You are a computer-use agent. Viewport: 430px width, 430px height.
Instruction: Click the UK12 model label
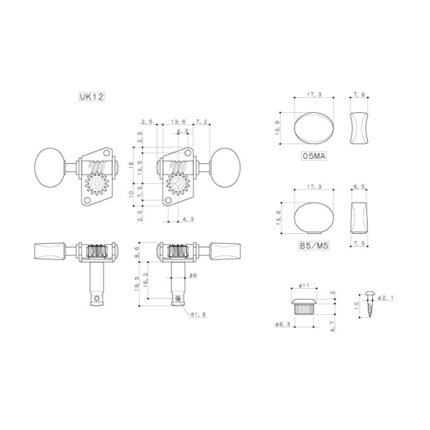tap(91, 97)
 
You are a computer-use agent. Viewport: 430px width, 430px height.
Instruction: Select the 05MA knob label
tap(314, 156)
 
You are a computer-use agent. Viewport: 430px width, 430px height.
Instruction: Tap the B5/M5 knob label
tap(314, 246)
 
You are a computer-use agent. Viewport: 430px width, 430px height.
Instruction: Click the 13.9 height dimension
tap(278, 128)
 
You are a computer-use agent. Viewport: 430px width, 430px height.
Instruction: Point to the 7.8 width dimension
tap(359, 95)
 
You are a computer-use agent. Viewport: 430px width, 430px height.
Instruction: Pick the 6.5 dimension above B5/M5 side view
tap(359, 187)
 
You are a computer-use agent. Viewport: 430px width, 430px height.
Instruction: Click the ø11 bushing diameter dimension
tap(304, 285)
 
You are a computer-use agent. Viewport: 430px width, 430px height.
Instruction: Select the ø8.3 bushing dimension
tap(283, 324)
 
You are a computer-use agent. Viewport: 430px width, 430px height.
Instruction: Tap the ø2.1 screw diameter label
tap(385, 298)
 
